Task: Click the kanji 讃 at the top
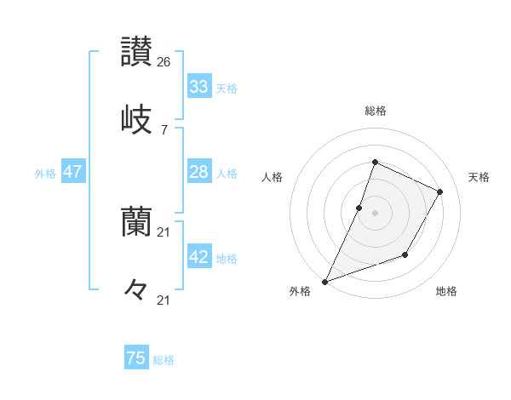136,52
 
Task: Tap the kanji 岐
136,118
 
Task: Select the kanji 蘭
136,222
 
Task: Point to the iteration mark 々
136,289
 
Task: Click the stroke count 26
164,62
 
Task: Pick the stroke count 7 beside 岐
164,129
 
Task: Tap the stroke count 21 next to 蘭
164,232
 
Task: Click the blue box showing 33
199,87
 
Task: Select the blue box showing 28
199,172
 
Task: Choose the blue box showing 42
199,257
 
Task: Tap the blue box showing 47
73,172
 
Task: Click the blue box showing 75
136,358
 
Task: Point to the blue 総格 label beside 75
164,360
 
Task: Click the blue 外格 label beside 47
45,174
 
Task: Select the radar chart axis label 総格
375,111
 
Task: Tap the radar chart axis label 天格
479,177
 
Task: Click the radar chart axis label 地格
446,291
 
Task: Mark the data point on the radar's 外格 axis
324,281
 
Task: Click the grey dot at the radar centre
375,213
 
